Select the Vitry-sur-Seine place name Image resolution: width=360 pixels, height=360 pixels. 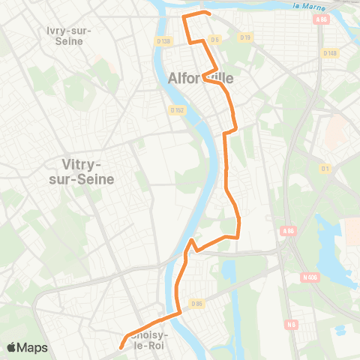[89, 170]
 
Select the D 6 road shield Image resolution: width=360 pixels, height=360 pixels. [215, 39]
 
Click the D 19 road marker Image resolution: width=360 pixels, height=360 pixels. [244, 37]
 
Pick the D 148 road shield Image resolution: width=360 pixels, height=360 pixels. [330, 52]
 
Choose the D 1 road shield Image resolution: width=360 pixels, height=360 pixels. [325, 168]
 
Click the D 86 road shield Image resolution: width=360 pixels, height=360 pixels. [198, 303]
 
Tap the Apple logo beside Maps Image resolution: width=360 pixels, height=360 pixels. [12, 347]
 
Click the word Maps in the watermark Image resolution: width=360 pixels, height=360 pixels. [33, 347]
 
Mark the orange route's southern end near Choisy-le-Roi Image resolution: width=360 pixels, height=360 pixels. [120, 346]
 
